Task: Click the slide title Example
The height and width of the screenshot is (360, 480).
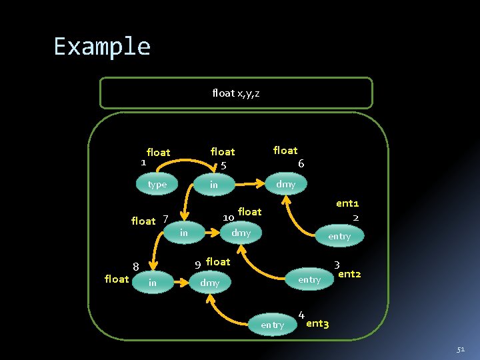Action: [x=102, y=47]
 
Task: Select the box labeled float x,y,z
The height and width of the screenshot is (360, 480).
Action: [x=236, y=93]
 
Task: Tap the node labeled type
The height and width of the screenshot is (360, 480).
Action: [x=157, y=184]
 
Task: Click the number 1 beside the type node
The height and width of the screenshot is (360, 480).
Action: [x=143, y=161]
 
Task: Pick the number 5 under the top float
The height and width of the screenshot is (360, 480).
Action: [x=224, y=165]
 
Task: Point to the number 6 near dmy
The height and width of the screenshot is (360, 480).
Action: [x=301, y=163]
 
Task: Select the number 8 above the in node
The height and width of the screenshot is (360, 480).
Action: [x=135, y=267]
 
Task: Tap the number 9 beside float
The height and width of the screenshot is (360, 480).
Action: [x=198, y=265]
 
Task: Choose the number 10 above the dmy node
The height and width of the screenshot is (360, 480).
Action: [x=228, y=217]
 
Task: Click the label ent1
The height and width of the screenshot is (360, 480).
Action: [x=347, y=203]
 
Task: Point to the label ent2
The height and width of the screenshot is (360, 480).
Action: [x=350, y=273]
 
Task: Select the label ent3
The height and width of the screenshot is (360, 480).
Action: [x=317, y=323]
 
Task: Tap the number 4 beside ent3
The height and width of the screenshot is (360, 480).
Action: [x=301, y=315]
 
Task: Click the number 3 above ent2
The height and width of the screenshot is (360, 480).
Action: [x=337, y=265]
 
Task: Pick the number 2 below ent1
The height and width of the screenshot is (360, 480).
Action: [x=356, y=217]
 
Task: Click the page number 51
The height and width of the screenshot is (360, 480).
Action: [x=461, y=349]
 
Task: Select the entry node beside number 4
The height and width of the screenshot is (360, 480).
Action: [x=272, y=325]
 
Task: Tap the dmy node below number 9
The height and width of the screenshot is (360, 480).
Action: [x=210, y=283]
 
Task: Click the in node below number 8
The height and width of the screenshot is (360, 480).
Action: [x=153, y=283]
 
